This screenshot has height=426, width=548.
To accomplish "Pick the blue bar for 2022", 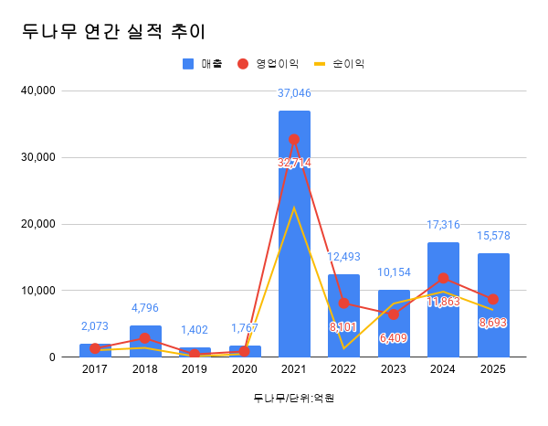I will click(x=343, y=315).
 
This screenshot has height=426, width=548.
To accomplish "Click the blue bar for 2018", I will click(x=145, y=341).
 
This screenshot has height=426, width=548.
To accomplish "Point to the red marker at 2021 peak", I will click(x=294, y=140).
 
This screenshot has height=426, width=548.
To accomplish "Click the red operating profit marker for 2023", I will click(x=394, y=314).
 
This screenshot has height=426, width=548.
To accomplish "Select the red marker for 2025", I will click(x=493, y=299).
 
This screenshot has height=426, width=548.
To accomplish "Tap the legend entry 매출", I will click(x=204, y=64).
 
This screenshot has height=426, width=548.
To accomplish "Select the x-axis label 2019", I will click(x=195, y=369).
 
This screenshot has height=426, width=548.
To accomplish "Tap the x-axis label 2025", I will click(x=493, y=369).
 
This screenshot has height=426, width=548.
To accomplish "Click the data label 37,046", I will click(x=294, y=93).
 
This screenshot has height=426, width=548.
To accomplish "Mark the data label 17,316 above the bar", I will click(x=443, y=225).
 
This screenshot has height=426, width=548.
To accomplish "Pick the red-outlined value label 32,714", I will click(x=294, y=162).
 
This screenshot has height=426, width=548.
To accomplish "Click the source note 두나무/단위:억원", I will click(x=287, y=398).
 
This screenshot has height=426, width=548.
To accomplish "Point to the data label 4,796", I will click(x=145, y=308).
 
